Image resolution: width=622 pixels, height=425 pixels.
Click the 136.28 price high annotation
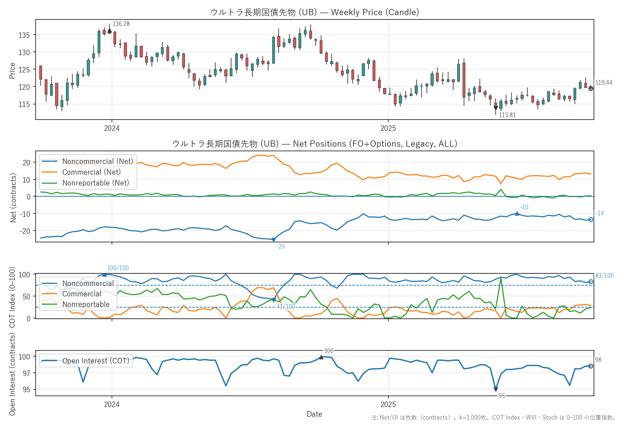pyautogui.click(x=121, y=24)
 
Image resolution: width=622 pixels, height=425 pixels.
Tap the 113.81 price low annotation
pyautogui.click(x=507, y=115)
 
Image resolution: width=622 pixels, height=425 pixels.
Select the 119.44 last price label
pyautogui.click(x=604, y=82)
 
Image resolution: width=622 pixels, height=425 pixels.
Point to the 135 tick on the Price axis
pyautogui.click(x=24, y=35)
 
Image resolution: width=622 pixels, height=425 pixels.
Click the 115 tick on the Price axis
pyautogui.click(x=24, y=104)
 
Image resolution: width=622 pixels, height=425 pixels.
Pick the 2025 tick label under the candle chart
pyautogui.click(x=388, y=128)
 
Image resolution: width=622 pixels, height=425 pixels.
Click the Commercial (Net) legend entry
pyautogui.click(x=91, y=172)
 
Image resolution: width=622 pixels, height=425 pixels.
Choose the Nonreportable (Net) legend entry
pyautogui.click(x=95, y=183)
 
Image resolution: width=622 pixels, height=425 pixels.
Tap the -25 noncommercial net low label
pyautogui.click(x=280, y=246)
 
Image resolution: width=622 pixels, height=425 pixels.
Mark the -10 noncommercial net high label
pyautogui.click(x=524, y=207)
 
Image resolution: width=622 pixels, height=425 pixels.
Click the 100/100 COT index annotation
pyautogui.click(x=118, y=268)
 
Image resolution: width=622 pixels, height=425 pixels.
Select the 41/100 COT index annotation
pyautogui.click(x=286, y=307)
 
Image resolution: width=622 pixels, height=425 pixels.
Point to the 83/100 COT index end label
pyautogui.click(x=604, y=276)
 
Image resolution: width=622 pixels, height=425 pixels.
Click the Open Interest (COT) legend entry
pyautogui.click(x=95, y=361)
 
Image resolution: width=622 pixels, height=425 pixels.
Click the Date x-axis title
pyautogui.click(x=314, y=414)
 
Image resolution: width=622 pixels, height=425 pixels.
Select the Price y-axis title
pyautogui.click(x=12, y=71)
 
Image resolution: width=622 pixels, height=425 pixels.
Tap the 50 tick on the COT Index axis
pyautogui.click(x=26, y=296)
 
